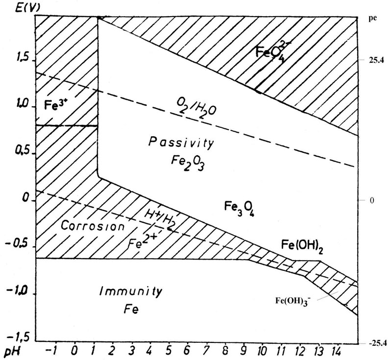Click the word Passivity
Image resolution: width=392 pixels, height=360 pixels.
point(181,144)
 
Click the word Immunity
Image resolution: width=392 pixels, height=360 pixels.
point(131,291)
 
